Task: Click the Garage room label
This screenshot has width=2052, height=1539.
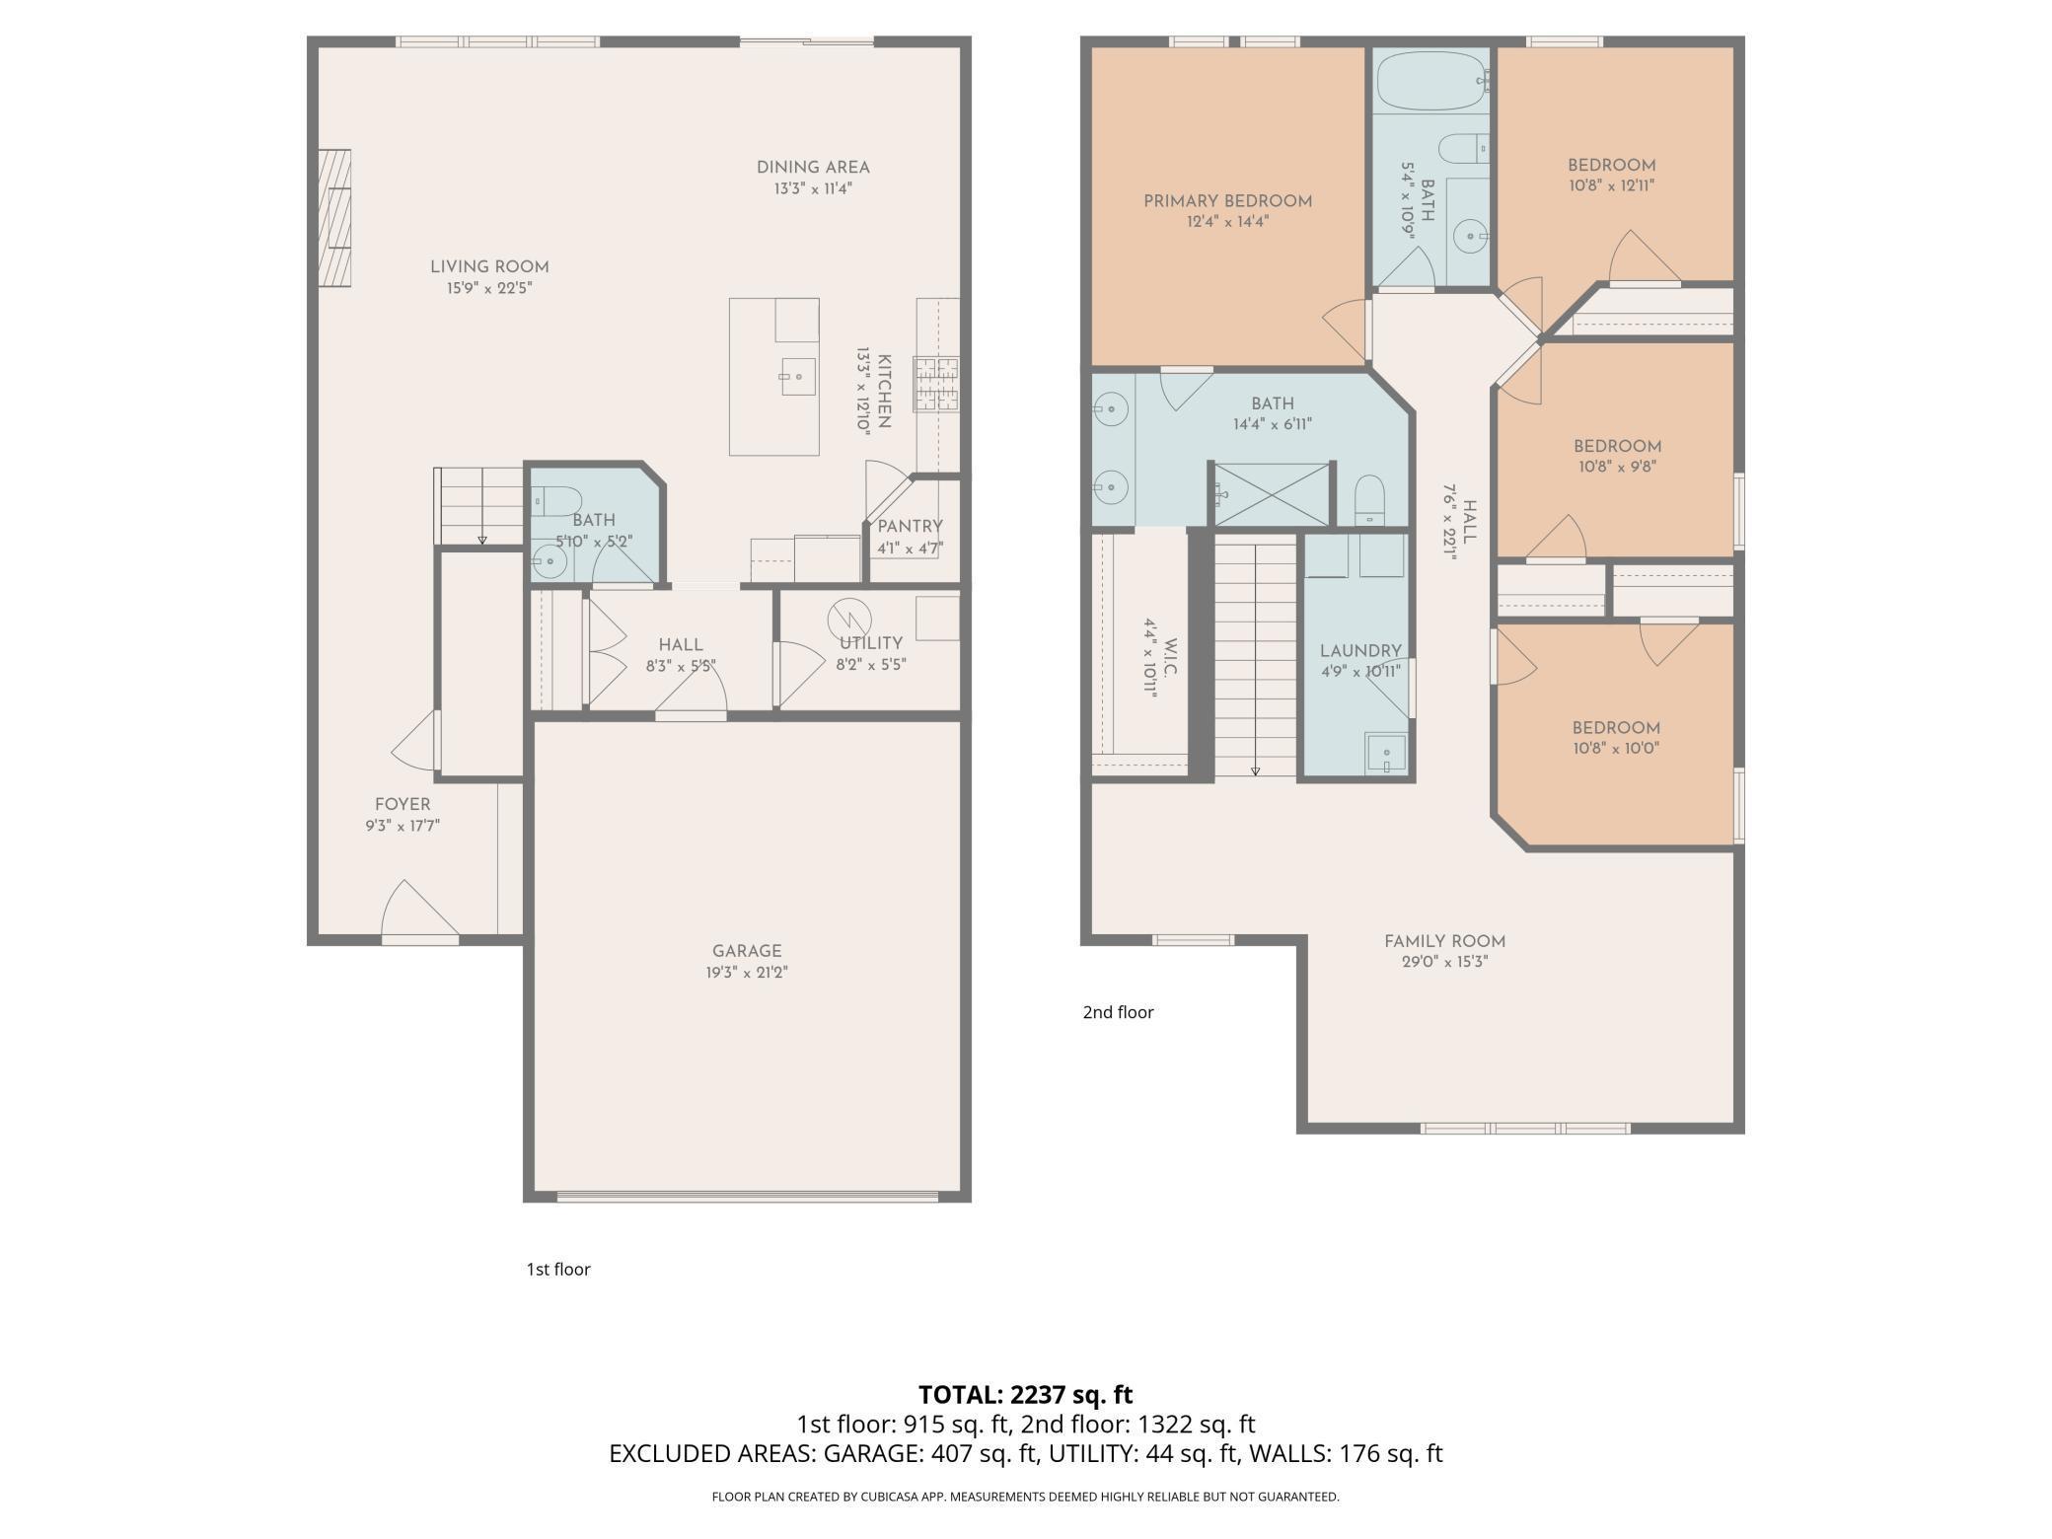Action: [x=747, y=951]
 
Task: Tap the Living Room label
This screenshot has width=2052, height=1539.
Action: [x=489, y=266]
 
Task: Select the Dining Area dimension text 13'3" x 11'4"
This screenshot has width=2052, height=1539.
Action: [x=813, y=188]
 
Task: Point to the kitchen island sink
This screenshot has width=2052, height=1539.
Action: [x=798, y=377]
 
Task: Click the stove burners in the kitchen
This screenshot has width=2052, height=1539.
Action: [x=936, y=384]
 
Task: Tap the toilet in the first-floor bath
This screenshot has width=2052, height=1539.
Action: [x=556, y=501]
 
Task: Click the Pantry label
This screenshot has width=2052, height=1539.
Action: [x=910, y=527]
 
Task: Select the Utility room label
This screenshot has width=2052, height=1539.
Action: [x=871, y=643]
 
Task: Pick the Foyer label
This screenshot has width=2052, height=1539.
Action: [x=403, y=804]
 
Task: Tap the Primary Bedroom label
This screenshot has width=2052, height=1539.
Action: [x=1228, y=201]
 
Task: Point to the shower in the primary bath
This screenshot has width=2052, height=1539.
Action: [x=1271, y=494]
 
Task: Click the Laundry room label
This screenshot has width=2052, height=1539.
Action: [x=1360, y=651]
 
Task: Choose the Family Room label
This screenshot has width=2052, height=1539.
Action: [x=1444, y=941]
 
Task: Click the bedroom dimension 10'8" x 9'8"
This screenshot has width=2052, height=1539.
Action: [x=1617, y=467]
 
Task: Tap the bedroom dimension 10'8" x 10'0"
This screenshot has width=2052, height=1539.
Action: [x=1616, y=749]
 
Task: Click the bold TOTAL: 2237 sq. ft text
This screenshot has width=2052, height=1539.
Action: [x=1026, y=1395]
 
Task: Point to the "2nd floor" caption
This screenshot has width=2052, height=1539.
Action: [x=1118, y=1012]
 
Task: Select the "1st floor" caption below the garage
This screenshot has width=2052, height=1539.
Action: [x=558, y=1270]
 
